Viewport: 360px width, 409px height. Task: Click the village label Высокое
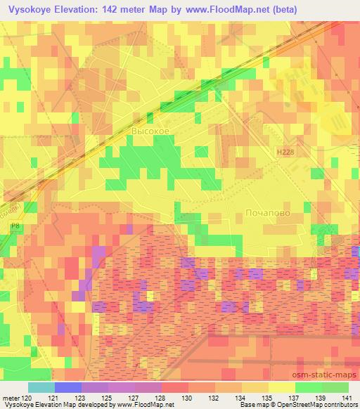click(x=150, y=131)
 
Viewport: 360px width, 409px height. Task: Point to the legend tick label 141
click(x=347, y=398)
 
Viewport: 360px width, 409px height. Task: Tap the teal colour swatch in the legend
click(x=41, y=387)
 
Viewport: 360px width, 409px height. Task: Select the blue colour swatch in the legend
click(x=67, y=387)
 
